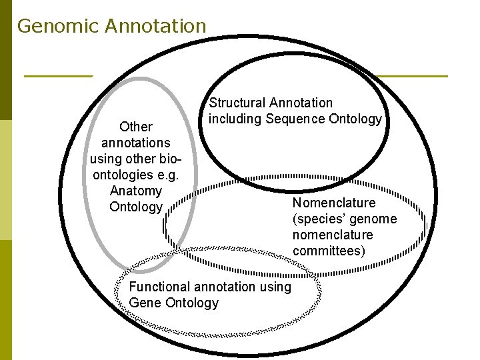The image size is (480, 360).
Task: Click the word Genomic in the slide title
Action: [57, 26]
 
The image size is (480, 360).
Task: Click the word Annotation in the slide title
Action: [155, 26]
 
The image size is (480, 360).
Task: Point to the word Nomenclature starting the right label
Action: [334, 203]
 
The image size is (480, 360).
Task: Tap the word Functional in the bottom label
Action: [159, 287]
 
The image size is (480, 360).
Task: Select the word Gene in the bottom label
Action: [143, 303]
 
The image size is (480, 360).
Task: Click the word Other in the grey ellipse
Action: [135, 126]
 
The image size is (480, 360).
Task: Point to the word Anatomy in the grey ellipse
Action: [135, 191]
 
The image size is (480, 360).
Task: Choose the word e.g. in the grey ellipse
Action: [166, 175]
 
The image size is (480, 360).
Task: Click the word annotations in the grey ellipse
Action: [135, 143]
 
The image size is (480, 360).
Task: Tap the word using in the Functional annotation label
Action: [276, 287]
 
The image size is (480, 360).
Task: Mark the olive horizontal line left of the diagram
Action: [57, 76]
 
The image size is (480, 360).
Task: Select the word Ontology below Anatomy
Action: [135, 207]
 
